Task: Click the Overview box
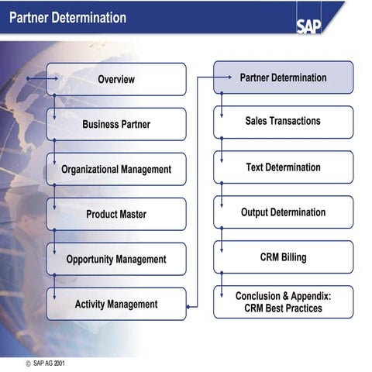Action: coord(116,79)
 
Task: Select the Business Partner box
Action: coord(116,124)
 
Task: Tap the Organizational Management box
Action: coord(116,169)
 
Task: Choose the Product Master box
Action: coord(116,214)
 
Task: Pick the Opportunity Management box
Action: coord(116,259)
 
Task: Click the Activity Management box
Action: coord(116,304)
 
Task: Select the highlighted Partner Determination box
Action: coord(283,77)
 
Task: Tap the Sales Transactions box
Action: coord(283,122)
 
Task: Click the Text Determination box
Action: coord(283,167)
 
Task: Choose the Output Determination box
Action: coord(283,212)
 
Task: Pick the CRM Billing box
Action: coord(283,257)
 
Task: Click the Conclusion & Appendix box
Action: coord(283,302)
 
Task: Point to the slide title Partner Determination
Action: coord(67,17)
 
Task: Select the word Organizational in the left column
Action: coord(89,169)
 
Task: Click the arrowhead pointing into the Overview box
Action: coord(55,79)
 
